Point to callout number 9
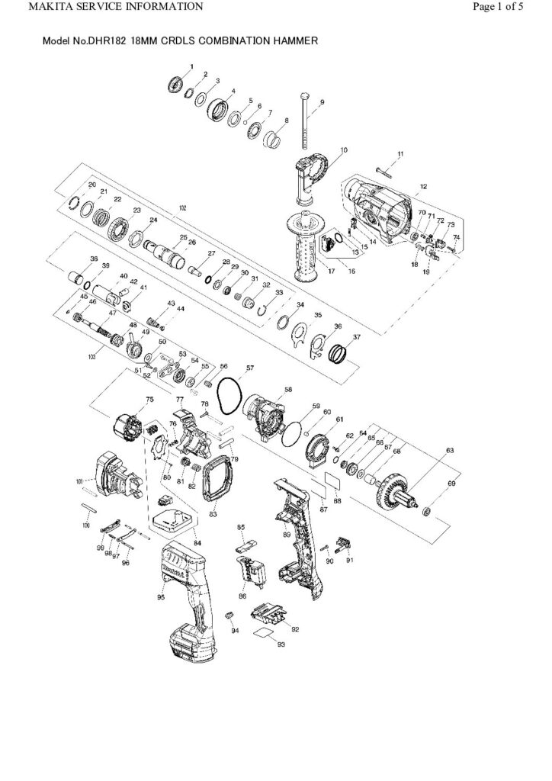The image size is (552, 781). coord(322,102)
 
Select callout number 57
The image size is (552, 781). coord(249,368)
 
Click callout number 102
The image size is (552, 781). coord(182,208)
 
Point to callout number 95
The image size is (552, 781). coord(161,597)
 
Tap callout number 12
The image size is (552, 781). coord(422,187)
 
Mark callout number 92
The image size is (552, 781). coord(294,629)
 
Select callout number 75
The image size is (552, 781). coord(149,399)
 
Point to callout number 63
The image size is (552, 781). coord(450,452)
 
